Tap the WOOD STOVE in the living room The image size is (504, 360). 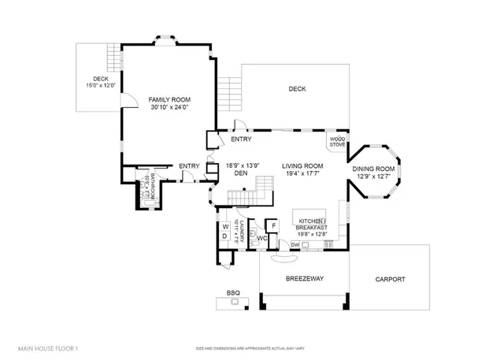tap(338, 142)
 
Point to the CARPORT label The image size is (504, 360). tap(390, 279)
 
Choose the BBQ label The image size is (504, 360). tap(233, 292)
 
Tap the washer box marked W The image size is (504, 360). tap(224, 227)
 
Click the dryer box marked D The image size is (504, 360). tap(224, 236)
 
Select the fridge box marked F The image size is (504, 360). tap(272, 226)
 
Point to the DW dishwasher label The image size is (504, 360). tap(295, 245)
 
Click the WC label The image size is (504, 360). tap(262, 238)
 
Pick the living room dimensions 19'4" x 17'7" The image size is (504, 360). tap(302, 174)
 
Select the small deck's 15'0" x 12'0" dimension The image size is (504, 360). tap(100, 85)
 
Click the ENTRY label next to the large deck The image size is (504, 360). tap(241, 140)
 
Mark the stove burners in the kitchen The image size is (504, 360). tap(328, 245)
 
